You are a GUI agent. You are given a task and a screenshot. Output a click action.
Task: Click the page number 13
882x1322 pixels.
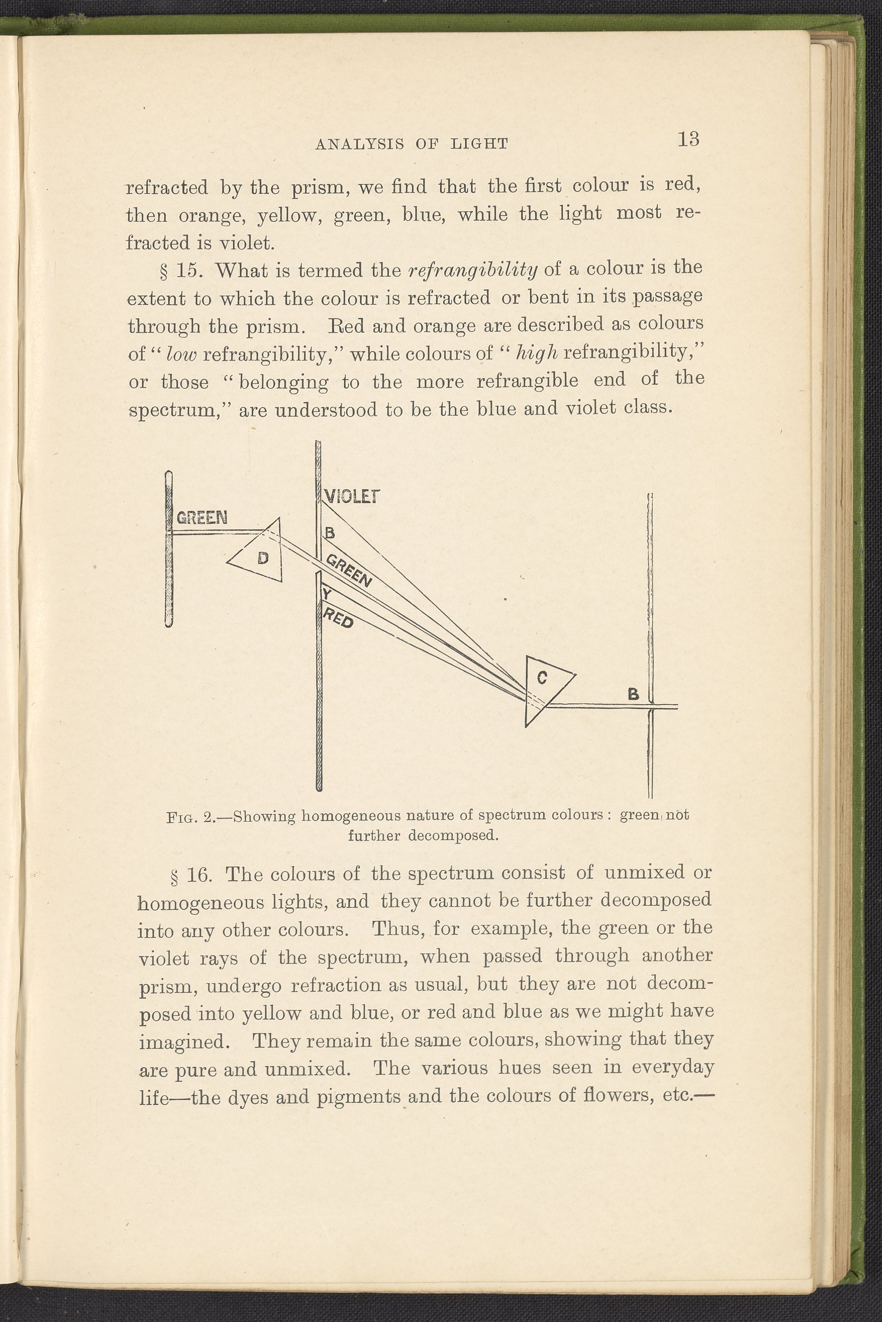click(x=689, y=138)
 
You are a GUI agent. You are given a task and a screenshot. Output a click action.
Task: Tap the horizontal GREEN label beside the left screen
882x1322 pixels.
click(x=202, y=518)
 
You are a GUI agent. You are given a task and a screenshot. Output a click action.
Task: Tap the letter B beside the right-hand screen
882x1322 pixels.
click(x=633, y=695)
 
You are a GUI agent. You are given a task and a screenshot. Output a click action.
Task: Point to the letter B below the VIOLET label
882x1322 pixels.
click(x=330, y=533)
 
